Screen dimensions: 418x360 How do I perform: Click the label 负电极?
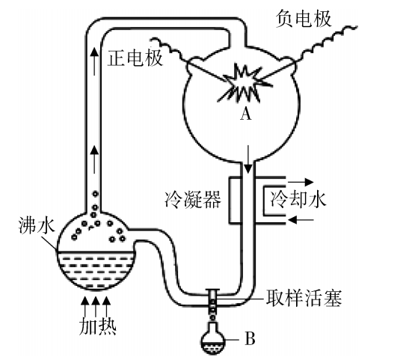(x=304, y=19)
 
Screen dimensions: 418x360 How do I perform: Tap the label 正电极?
(x=135, y=58)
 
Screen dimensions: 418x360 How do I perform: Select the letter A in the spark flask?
(x=245, y=115)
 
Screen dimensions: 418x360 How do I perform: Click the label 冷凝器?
(x=193, y=199)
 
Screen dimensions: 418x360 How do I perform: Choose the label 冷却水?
(x=298, y=199)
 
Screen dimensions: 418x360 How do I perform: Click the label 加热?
(x=97, y=326)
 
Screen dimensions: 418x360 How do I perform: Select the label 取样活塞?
(x=304, y=298)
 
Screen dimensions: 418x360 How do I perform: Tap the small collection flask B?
(x=212, y=338)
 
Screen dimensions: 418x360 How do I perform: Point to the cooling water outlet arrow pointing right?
(x=301, y=182)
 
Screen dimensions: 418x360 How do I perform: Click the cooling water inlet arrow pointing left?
(x=301, y=219)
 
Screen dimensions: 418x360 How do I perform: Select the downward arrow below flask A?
(x=248, y=159)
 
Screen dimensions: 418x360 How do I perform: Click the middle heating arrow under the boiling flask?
(x=96, y=306)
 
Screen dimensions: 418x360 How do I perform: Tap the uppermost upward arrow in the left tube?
(x=93, y=61)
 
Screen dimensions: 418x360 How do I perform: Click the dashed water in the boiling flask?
(x=96, y=270)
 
